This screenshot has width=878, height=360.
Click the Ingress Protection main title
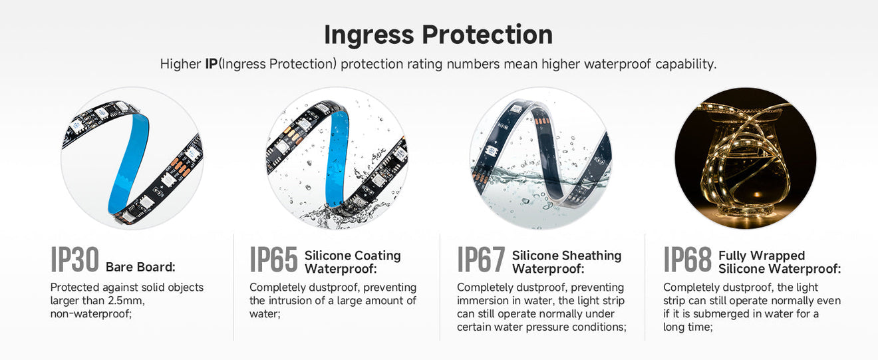tap(438, 35)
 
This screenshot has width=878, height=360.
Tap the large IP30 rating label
tap(74, 260)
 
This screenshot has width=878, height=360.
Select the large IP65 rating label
tap(273, 260)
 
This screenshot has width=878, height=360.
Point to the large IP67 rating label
tap(481, 260)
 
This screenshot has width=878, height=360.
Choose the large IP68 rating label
tap(687, 260)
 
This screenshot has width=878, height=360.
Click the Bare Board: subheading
tap(140, 268)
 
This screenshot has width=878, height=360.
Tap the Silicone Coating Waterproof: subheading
tap(353, 262)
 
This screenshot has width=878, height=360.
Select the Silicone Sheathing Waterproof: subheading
tap(567, 262)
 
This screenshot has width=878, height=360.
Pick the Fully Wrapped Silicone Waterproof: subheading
tap(780, 262)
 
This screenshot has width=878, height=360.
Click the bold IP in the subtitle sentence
tap(211, 65)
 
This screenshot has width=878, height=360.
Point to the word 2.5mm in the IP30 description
tap(126, 301)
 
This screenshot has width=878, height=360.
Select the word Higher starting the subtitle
tap(180, 65)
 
